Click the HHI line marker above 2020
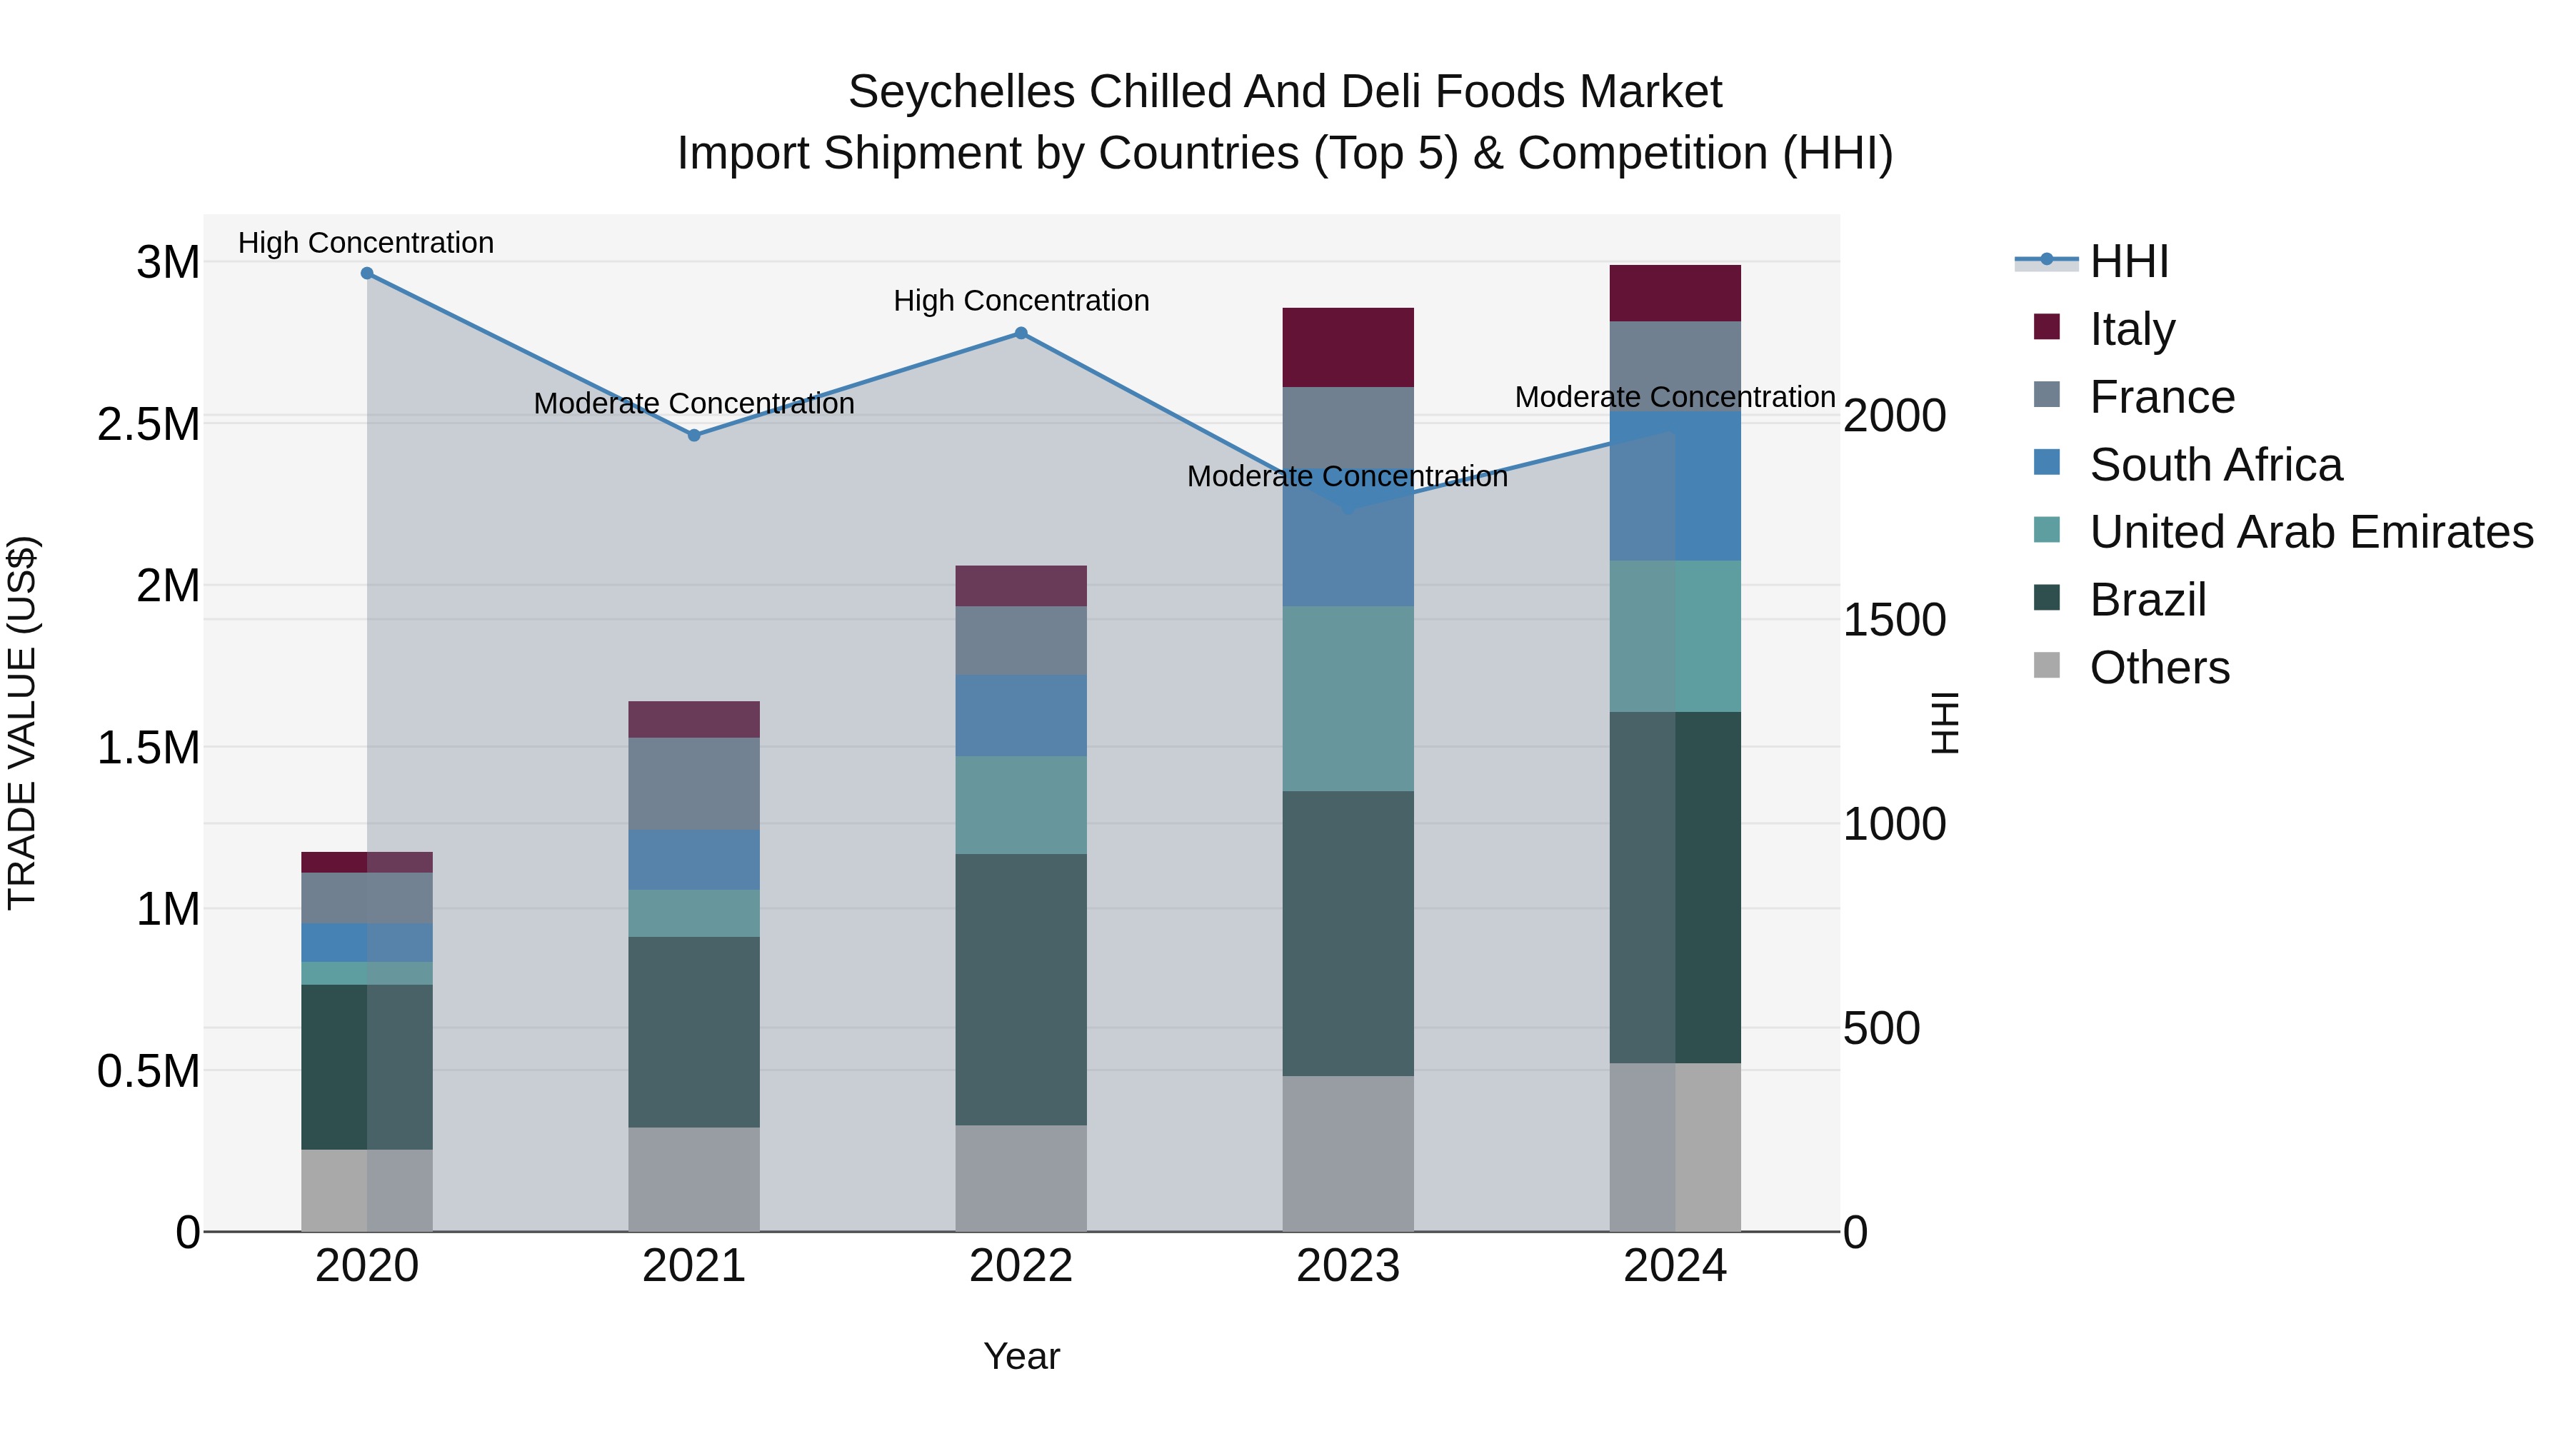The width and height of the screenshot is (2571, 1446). pos(366,273)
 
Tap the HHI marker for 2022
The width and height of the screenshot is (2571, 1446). pos(1021,333)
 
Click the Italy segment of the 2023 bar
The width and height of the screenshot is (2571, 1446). pos(1348,347)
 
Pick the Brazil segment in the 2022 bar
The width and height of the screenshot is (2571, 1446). pos(1021,989)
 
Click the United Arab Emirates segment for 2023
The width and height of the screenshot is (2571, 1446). pos(1348,698)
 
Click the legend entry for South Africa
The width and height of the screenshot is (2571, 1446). pos(2215,465)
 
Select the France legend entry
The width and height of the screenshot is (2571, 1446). pos(2161,397)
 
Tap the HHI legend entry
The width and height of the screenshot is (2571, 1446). pos(2128,261)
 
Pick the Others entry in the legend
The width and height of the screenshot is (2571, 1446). pos(2159,668)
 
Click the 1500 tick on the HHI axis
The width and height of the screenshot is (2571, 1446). pos(1893,620)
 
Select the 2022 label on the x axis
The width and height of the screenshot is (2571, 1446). pos(1021,1266)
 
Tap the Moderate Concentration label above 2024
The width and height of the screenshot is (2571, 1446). pos(1675,397)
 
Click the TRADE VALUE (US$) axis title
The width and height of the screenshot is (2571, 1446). pos(22,723)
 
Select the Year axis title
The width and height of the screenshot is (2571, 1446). pos(1021,1356)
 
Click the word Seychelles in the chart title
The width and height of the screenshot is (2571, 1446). pos(961,92)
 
